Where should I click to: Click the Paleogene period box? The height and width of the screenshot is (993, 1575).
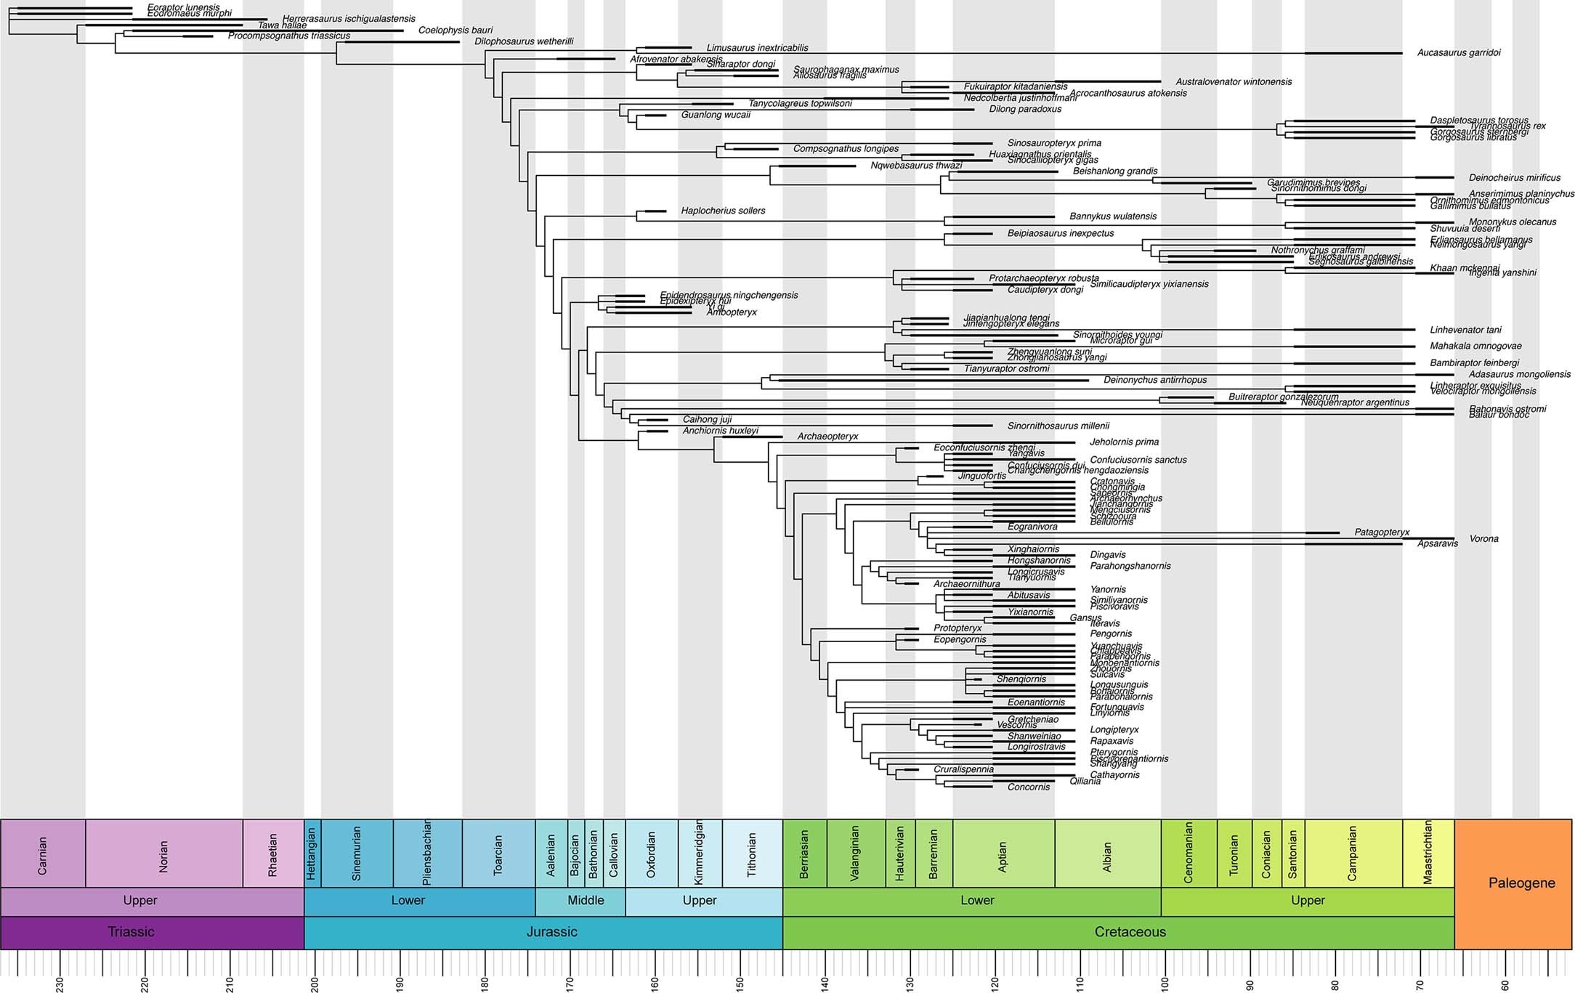pyautogui.click(x=1521, y=883)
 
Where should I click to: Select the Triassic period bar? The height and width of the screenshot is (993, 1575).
pyautogui.click(x=131, y=932)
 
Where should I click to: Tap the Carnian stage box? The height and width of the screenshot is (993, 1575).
pyautogui.click(x=43, y=854)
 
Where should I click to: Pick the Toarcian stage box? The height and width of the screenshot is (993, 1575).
pyautogui.click(x=498, y=854)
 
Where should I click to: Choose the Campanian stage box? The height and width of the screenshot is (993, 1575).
pyautogui.click(x=1353, y=854)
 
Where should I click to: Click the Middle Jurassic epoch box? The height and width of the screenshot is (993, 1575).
pyautogui.click(x=586, y=901)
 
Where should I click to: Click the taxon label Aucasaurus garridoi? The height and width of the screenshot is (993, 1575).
pyautogui.click(x=1459, y=53)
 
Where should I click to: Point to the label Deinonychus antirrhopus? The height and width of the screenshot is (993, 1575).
pyautogui.click(x=1155, y=380)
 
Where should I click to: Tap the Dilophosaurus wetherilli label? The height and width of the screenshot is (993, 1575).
pyautogui.click(x=524, y=42)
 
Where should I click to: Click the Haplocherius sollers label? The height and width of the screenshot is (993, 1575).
pyautogui.click(x=723, y=211)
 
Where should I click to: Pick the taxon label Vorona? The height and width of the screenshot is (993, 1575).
pyautogui.click(x=1483, y=539)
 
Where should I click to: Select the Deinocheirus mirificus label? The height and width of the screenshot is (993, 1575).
pyautogui.click(x=1514, y=178)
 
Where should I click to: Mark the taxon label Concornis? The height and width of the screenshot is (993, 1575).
pyautogui.click(x=1029, y=787)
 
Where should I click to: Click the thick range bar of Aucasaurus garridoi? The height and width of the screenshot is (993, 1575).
pyautogui.click(x=1353, y=53)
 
